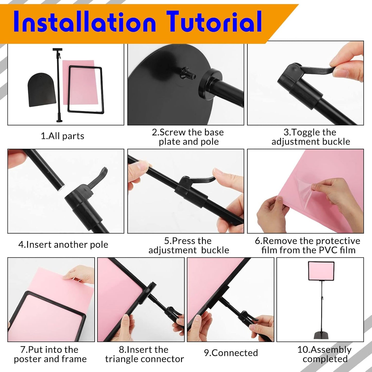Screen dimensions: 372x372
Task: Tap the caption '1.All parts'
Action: pyautogui.click(x=63, y=136)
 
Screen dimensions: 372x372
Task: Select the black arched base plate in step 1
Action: pyautogui.click(x=42, y=90)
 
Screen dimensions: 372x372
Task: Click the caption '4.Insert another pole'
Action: pyautogui.click(x=63, y=245)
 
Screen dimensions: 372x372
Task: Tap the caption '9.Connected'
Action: pyautogui.click(x=231, y=353)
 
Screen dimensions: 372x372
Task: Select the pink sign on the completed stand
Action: pyautogui.click(x=321, y=271)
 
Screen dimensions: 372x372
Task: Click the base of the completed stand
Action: pyautogui.click(x=321, y=335)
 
